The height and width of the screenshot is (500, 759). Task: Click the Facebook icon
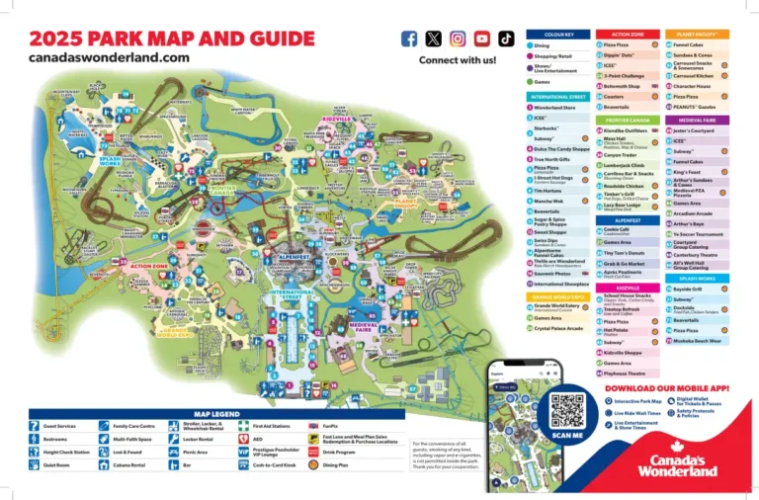pyautogui.click(x=409, y=39)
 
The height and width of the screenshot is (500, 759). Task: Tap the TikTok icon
pyautogui.click(x=506, y=39)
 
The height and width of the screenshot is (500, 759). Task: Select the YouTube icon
pyautogui.click(x=481, y=39)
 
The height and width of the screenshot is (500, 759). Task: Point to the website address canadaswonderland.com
pyautogui.click(x=109, y=57)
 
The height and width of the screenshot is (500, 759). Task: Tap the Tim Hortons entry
pyautogui.click(x=549, y=191)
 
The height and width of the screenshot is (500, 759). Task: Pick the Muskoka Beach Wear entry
pyautogui.click(x=698, y=341)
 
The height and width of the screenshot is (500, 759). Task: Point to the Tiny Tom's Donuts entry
pyautogui.click(x=624, y=253)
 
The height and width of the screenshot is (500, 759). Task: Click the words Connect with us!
pyautogui.click(x=458, y=60)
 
